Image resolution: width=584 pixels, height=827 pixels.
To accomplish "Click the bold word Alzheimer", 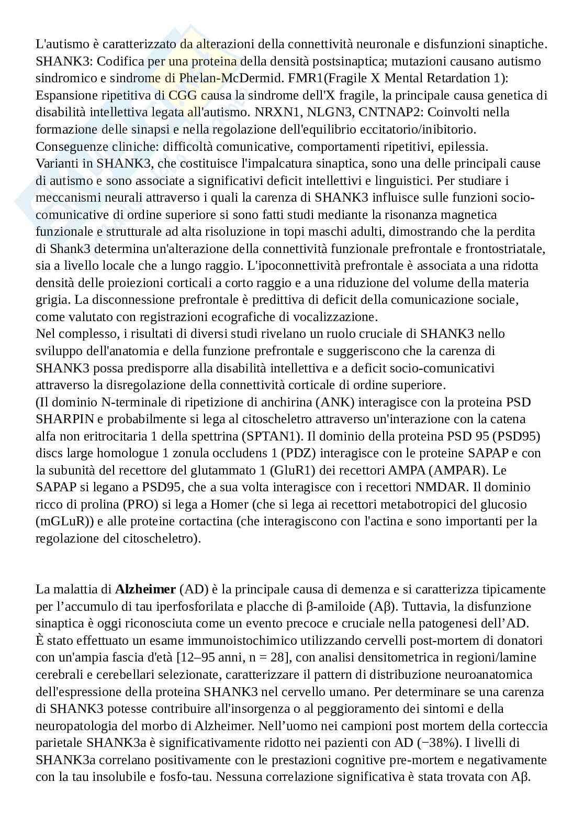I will click(x=145, y=589).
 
